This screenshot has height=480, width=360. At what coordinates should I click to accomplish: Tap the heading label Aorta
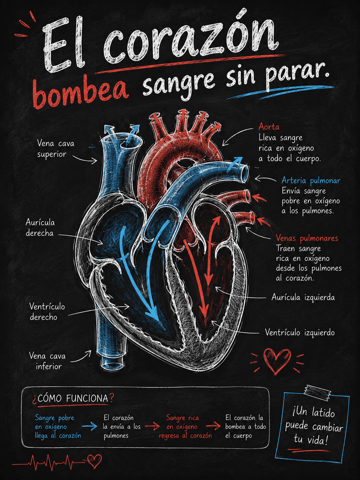(x=269, y=127)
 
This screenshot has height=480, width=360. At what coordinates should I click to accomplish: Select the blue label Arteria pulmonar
(x=311, y=181)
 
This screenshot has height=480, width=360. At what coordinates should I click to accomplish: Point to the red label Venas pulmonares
(x=307, y=238)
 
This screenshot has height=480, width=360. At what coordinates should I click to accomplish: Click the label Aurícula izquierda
(x=303, y=297)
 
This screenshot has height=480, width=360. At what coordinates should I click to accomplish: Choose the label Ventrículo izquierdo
(x=300, y=332)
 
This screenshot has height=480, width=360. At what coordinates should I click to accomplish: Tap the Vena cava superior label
(x=55, y=149)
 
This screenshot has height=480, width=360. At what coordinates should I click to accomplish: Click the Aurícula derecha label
(x=40, y=228)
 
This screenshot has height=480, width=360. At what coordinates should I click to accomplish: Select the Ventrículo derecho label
(x=47, y=312)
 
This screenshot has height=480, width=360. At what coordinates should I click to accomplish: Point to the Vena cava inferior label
(x=47, y=361)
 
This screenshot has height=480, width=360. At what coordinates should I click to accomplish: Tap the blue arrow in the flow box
(x=90, y=426)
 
